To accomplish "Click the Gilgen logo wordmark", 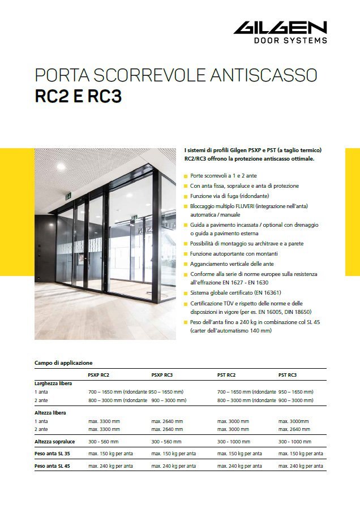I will pyautogui.click(x=280, y=28).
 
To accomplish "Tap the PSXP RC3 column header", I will pyautogui.click(x=162, y=375).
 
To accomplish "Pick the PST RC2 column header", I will pyautogui.click(x=226, y=375).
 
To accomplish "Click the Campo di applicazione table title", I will pyautogui.click(x=63, y=363).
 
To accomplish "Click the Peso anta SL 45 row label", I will pyautogui.click(x=54, y=466).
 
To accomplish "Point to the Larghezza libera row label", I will pyautogui.click(x=53, y=383).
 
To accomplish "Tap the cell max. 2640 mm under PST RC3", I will pyautogui.click(x=294, y=429).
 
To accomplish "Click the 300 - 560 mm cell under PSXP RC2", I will pyautogui.click(x=103, y=441).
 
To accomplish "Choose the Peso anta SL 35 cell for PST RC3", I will pyautogui.click(x=301, y=454).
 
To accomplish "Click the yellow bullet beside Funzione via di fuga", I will pyautogui.click(x=186, y=196).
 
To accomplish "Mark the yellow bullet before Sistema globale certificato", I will pyautogui.click(x=186, y=294).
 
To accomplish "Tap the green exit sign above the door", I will pyautogui.click(x=68, y=196).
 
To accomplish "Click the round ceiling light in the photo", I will pyautogui.click(x=60, y=167).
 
